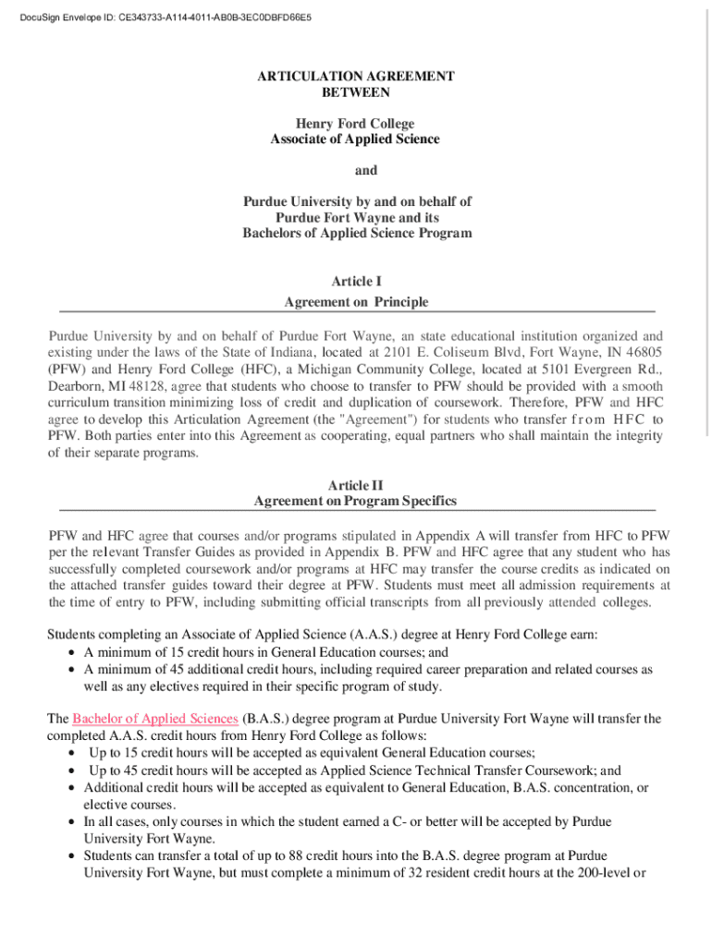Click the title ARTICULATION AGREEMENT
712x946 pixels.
(x=356, y=77)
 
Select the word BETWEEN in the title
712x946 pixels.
(x=356, y=92)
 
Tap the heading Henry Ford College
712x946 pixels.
(x=356, y=124)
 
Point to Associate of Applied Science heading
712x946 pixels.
(x=356, y=139)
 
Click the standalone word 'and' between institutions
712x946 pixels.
(x=356, y=171)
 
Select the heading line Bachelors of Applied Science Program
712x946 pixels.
(x=356, y=234)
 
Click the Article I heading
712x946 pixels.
(x=356, y=280)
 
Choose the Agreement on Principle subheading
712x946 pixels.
(x=356, y=302)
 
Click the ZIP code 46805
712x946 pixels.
(x=644, y=352)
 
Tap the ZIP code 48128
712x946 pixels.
(x=148, y=385)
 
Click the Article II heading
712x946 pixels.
(x=356, y=485)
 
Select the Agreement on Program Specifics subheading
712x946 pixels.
(x=356, y=502)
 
